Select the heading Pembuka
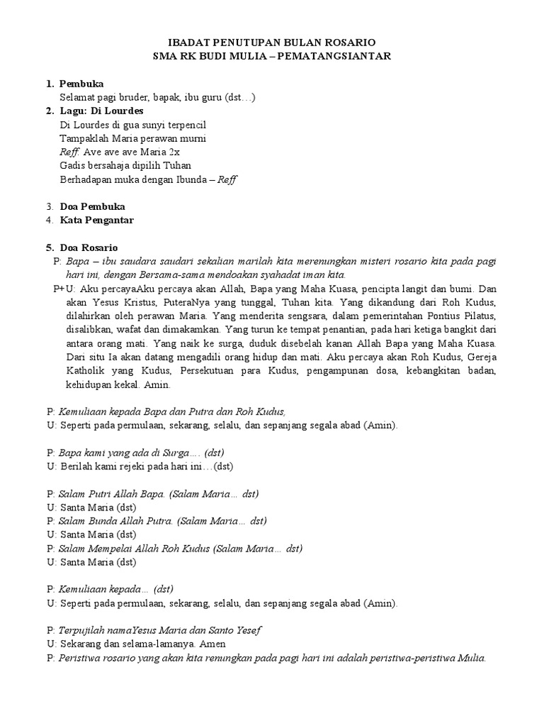click(x=81, y=84)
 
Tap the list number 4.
click(x=50, y=220)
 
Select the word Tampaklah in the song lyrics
click(x=83, y=138)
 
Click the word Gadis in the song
click(x=73, y=165)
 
